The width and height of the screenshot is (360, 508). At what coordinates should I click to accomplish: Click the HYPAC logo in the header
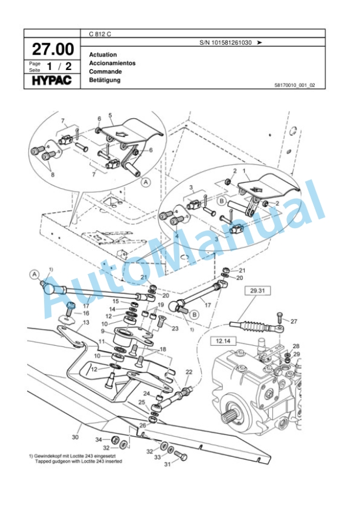pyautogui.click(x=52, y=79)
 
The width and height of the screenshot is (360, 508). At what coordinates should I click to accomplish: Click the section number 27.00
pyautogui.click(x=52, y=48)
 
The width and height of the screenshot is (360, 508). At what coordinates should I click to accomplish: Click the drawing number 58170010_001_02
pyautogui.click(x=295, y=85)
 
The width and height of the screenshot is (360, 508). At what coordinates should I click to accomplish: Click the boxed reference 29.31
pyautogui.click(x=256, y=290)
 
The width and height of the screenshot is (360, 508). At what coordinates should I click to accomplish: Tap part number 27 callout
pyautogui.click(x=294, y=322)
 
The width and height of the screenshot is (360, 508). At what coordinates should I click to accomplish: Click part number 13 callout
pyautogui.click(x=86, y=322)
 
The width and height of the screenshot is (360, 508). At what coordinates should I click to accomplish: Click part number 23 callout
pyautogui.click(x=175, y=329)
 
